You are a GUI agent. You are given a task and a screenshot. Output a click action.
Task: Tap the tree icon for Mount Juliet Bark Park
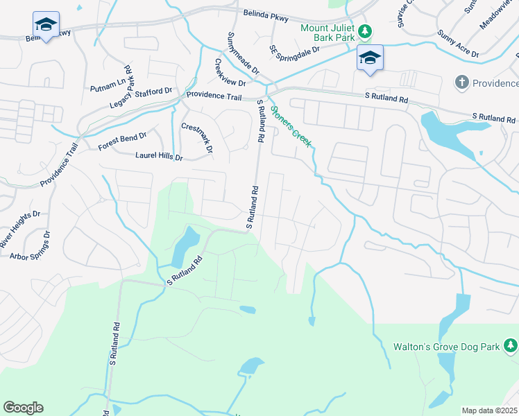[364, 32]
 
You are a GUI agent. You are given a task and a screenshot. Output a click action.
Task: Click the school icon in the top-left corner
[46, 26]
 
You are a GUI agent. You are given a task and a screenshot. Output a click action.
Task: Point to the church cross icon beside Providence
[461, 83]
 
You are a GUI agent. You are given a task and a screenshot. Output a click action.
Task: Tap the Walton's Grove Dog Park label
[447, 345]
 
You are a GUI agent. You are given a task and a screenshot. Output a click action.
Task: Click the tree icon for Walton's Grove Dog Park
[511, 345]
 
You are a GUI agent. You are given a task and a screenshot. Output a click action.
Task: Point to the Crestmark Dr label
[196, 138]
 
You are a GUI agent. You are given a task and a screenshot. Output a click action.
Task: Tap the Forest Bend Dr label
[123, 142]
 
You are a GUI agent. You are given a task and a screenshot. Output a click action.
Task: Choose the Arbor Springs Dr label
[31, 246]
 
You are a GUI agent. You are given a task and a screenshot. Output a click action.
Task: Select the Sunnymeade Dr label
[243, 53]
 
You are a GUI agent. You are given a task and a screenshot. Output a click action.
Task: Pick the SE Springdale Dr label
[294, 50]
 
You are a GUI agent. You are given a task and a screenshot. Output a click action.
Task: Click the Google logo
[23, 408]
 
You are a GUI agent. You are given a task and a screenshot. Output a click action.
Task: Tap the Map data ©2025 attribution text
[489, 410]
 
